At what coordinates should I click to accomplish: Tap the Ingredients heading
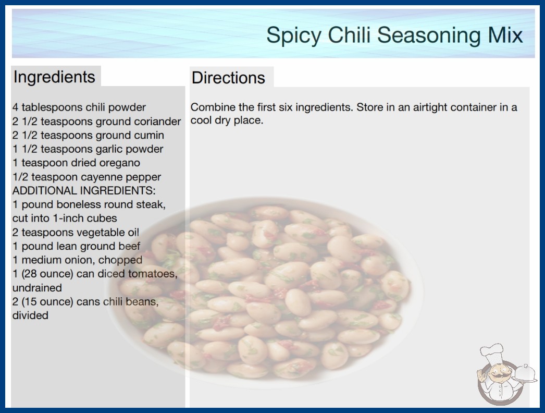pos(54,77)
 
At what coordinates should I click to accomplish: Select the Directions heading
pos(228,78)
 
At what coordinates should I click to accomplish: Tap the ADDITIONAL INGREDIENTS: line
pos(84,191)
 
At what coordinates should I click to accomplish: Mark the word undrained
pos(37,288)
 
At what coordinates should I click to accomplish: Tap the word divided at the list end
pos(30,315)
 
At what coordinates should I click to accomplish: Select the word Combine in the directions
pos(213,107)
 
